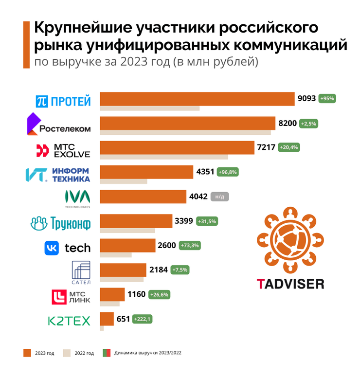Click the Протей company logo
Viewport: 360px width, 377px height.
[63, 101]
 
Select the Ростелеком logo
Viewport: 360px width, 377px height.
[59, 125]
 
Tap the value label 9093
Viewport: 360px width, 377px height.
[306, 98]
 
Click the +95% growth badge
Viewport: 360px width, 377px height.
[327, 98]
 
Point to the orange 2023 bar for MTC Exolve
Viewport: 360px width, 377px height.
[177, 147]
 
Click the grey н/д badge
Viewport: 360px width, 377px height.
[220, 197]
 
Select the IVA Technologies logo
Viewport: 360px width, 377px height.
[77, 198]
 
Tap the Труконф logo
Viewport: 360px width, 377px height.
[60, 223]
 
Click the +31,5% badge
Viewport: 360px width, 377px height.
[207, 221]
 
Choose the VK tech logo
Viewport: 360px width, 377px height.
[68, 248]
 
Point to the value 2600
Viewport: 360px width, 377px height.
[167, 246]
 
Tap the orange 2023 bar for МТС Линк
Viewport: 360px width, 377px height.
[112, 294]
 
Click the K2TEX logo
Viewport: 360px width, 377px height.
[69, 321]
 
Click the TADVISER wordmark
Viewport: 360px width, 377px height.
[290, 283]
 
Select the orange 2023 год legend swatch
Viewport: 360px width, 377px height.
[27, 353]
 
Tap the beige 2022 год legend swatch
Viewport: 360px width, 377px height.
[68, 353]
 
